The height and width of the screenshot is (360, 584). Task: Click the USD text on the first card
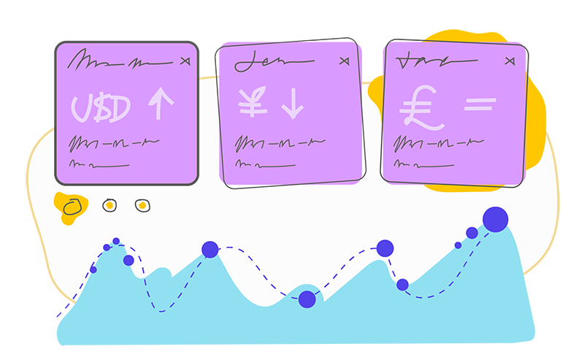tap(101, 108)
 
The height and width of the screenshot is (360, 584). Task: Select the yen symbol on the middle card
tap(253, 104)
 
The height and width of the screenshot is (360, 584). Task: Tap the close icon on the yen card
tap(345, 61)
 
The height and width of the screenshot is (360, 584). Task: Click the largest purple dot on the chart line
tap(496, 219)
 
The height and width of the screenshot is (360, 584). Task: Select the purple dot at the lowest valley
tap(307, 299)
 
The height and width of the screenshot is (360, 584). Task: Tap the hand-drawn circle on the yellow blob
tap(72, 207)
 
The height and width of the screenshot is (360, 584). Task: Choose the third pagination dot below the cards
tap(142, 205)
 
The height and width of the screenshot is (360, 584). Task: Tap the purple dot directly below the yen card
tap(210, 249)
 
